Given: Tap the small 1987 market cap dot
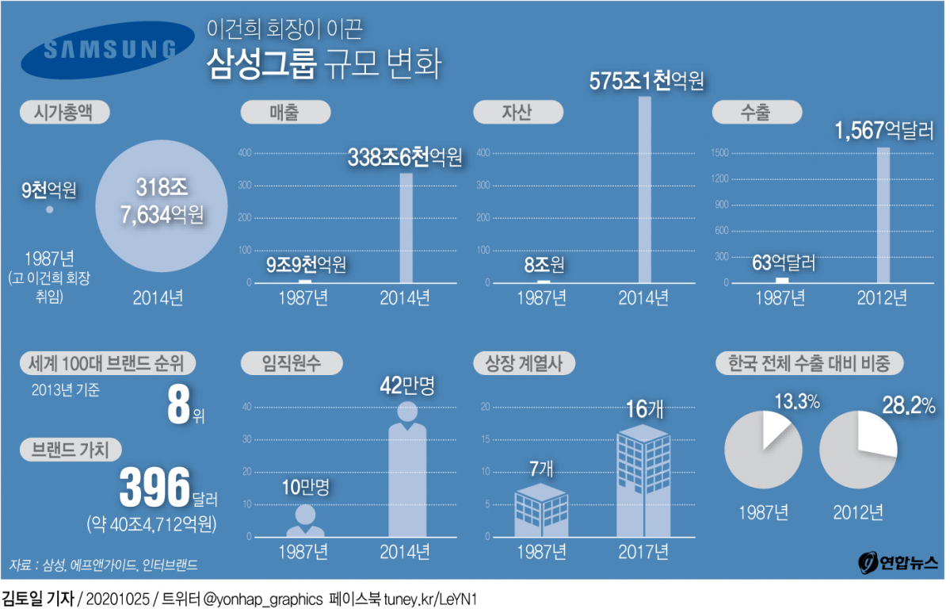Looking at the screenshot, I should [x=49, y=209].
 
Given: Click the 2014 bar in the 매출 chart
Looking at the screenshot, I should [x=406, y=228].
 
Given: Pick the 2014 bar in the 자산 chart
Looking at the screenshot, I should [x=644, y=190].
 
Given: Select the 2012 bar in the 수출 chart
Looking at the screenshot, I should [x=883, y=215].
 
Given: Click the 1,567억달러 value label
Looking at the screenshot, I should [x=883, y=130].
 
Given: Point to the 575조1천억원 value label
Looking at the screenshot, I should [x=646, y=81].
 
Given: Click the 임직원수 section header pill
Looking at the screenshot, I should [x=292, y=363].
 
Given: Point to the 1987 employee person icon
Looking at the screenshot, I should [x=304, y=521].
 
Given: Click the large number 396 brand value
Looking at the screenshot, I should [x=155, y=487].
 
